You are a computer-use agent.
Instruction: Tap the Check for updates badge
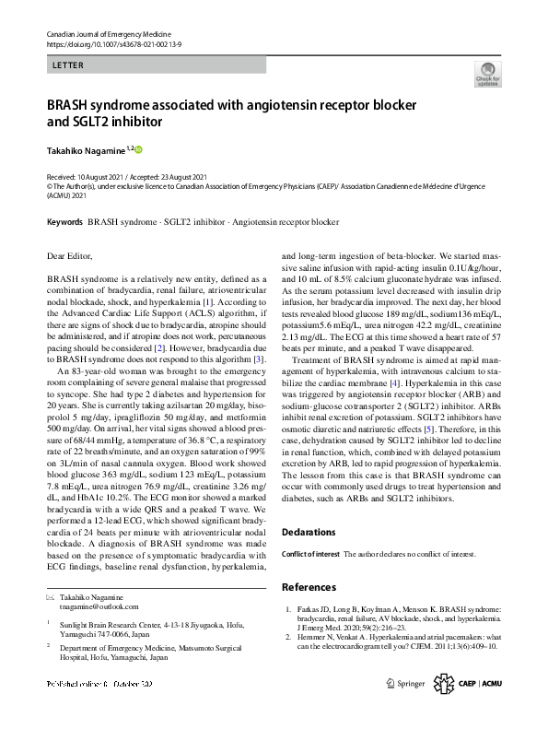487,75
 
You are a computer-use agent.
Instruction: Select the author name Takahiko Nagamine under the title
87,149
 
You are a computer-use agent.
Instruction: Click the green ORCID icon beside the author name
140,148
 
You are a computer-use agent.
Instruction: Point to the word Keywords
64,222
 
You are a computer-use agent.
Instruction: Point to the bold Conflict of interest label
309,555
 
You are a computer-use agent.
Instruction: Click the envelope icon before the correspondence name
51,598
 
